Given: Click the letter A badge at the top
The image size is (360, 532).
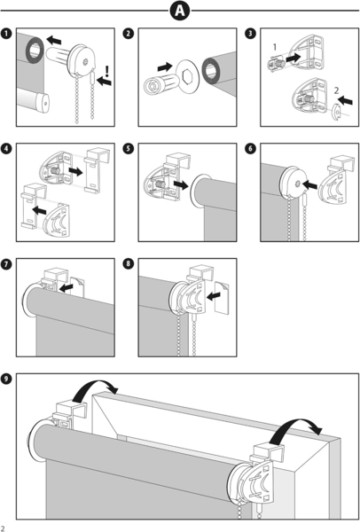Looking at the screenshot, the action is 180,11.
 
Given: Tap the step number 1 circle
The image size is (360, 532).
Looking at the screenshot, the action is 6,34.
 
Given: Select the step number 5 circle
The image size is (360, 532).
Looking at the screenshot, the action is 129,149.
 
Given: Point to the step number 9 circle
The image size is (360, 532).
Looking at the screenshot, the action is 6,379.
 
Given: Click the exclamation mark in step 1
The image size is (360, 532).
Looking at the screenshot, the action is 107,71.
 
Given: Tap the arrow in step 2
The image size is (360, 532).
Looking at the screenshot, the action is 165,66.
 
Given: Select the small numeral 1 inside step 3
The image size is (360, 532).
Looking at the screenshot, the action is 275,47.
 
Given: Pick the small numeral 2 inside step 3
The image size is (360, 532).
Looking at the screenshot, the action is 336,90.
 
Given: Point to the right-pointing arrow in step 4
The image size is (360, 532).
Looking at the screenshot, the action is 75,171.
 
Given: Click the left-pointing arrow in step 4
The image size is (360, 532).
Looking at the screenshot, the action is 39,211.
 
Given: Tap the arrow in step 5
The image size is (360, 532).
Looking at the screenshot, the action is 181,185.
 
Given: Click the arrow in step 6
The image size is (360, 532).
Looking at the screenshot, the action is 309,185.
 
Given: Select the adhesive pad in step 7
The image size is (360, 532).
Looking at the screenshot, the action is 78,287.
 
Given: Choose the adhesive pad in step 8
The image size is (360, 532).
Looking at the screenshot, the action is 222,297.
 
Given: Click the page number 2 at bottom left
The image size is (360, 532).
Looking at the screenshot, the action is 3,528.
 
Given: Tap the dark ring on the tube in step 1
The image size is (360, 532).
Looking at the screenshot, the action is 34,51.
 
